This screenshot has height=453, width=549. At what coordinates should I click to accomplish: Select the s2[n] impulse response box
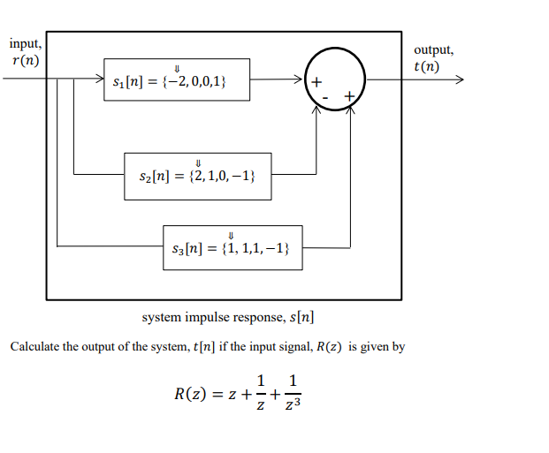[x=198, y=176]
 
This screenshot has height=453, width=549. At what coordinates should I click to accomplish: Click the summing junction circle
[x=334, y=79]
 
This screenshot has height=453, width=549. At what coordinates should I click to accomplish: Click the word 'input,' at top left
[x=25, y=44]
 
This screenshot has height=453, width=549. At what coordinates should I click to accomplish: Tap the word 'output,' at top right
[x=434, y=50]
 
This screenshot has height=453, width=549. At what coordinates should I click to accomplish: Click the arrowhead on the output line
[x=458, y=79]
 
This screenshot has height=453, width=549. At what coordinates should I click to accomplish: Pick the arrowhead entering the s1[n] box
[x=99, y=79]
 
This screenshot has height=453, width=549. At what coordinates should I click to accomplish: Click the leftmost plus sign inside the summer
[x=316, y=82]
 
